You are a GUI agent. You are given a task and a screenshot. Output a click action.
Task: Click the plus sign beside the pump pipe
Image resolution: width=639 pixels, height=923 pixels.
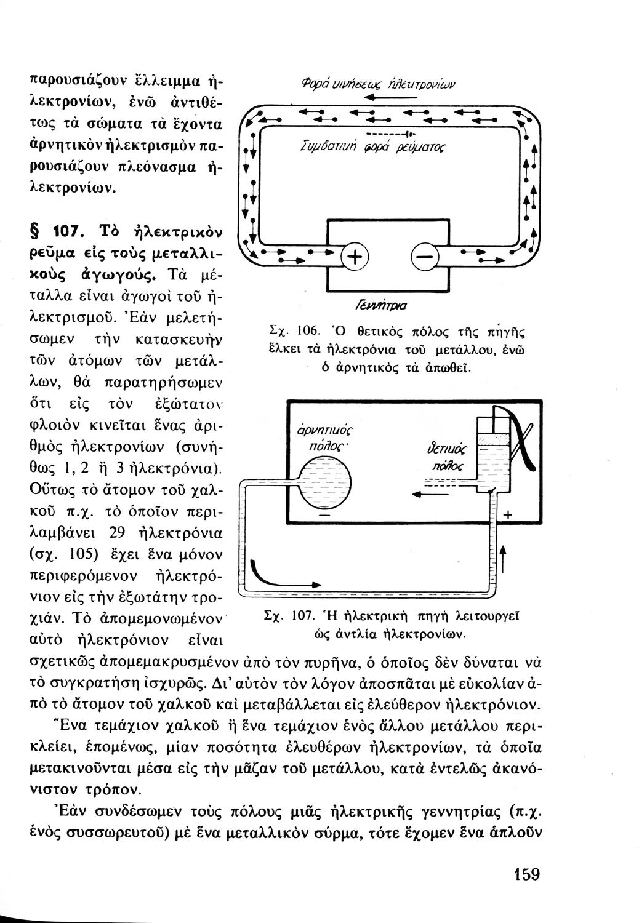coord(507,516)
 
